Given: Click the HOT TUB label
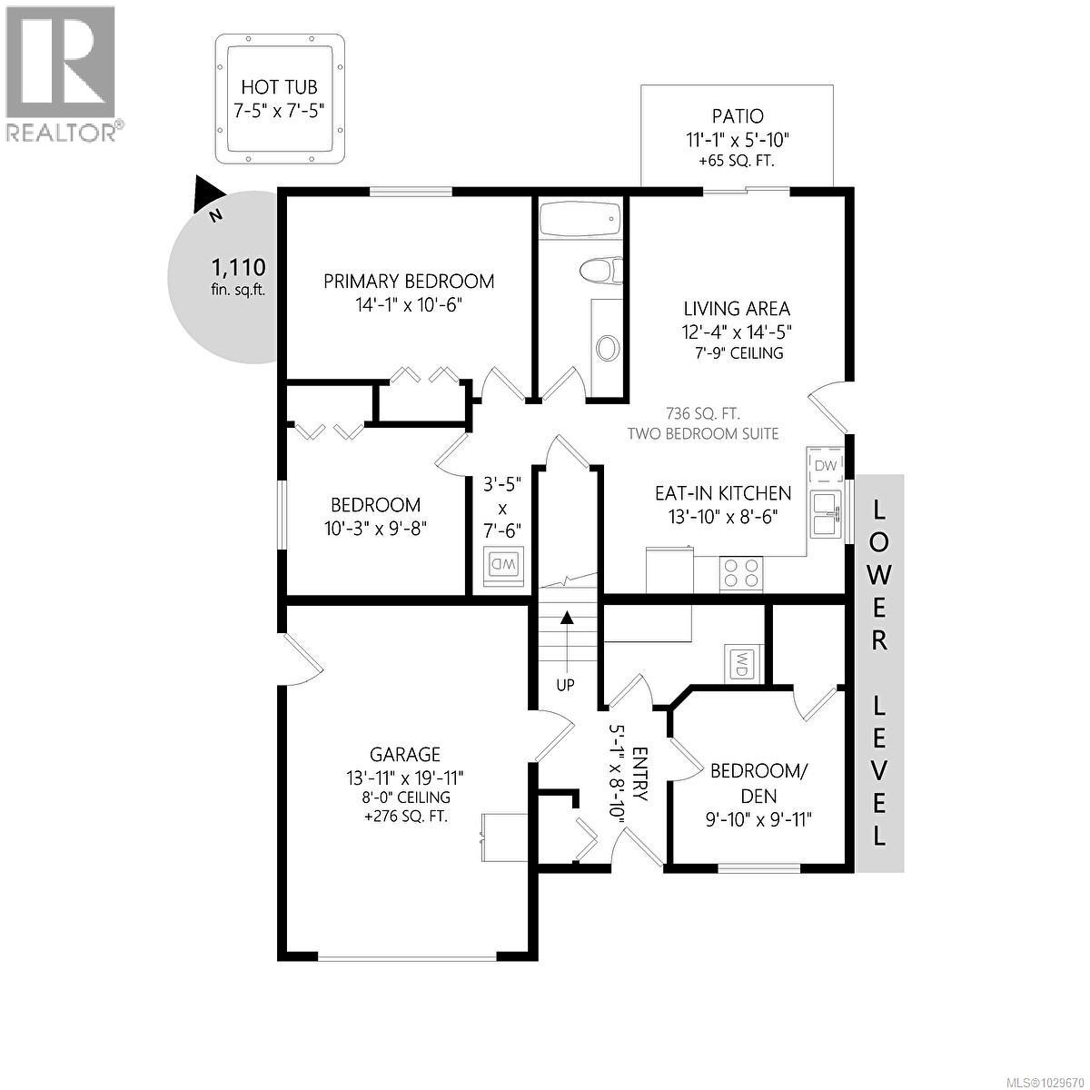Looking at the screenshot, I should tap(279, 88).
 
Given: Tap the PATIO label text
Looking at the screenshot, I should tap(737, 116).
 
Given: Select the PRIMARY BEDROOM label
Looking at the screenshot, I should tap(409, 282).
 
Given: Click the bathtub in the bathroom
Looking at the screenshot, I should tap(580, 220).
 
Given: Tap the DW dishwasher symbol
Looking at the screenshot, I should tap(825, 465).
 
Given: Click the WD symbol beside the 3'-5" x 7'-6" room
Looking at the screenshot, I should tap(502, 564).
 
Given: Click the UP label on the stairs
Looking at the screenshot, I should tap(565, 685).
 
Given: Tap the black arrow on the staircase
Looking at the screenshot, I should tap(567, 619).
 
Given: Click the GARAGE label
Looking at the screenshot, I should tap(405, 754).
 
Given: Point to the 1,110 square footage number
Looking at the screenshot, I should tap(238, 267).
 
